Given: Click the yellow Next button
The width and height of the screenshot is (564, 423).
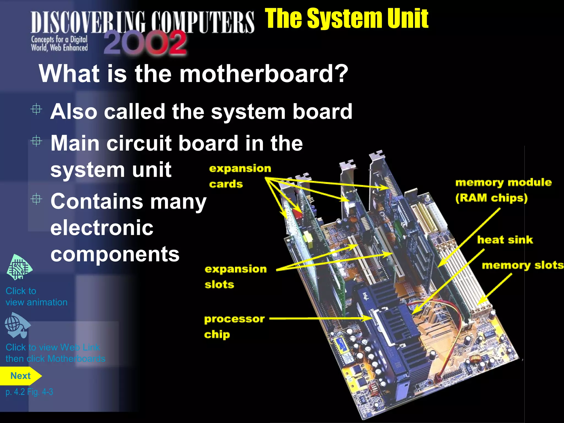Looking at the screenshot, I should pos(20,376).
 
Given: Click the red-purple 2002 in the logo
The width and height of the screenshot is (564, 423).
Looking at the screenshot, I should pos(145,43).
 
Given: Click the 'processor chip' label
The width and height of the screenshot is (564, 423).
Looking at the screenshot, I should pos(234,327).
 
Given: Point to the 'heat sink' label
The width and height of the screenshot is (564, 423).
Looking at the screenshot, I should pos(505,240).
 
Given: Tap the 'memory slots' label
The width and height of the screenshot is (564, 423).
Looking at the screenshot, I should pos(522,265).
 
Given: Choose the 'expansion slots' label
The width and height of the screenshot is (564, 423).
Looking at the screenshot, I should pos(235,276).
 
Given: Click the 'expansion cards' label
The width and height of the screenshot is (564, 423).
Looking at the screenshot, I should pos(240,176).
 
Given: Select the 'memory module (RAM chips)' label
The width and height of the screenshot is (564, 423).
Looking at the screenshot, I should pos(503,190).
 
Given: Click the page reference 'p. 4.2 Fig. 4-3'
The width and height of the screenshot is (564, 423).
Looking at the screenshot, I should pos(29,392).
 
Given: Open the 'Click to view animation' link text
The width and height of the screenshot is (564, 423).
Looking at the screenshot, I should pos(36,297).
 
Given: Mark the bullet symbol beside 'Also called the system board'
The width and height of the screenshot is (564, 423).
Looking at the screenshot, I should pos(36,109).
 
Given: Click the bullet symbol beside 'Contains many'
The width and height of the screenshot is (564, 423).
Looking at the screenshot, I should pos(36,199).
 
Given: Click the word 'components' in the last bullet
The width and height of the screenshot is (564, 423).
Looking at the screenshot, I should pos(115,254).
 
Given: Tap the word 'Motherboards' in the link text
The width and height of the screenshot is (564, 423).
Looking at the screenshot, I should pos(76,359).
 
